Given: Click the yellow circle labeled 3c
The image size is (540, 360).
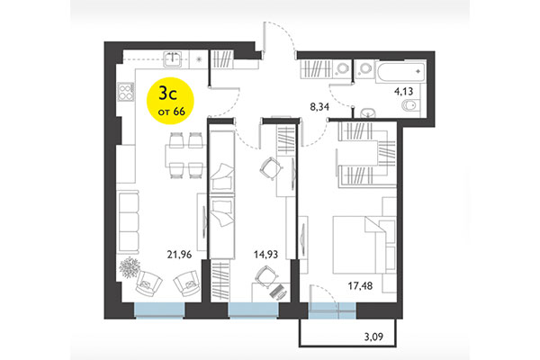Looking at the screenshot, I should coord(166,101).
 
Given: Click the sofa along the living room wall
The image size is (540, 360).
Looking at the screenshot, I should coord(130,218).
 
